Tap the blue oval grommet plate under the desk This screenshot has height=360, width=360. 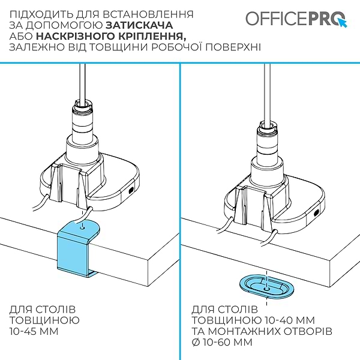click(x=266, y=287)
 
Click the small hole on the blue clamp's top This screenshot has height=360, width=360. click(x=81, y=227)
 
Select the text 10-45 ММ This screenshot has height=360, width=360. click(x=36, y=331)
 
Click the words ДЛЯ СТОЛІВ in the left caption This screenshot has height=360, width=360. click(x=43, y=309)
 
